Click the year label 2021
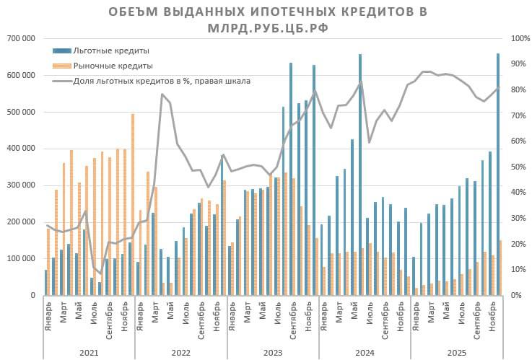[x=89, y=353]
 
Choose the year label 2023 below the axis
[x=273, y=353]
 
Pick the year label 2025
[x=456, y=353]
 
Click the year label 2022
[x=180, y=353]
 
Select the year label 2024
[x=365, y=353]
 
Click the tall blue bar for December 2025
[x=497, y=173]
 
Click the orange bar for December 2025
[x=500, y=268]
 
